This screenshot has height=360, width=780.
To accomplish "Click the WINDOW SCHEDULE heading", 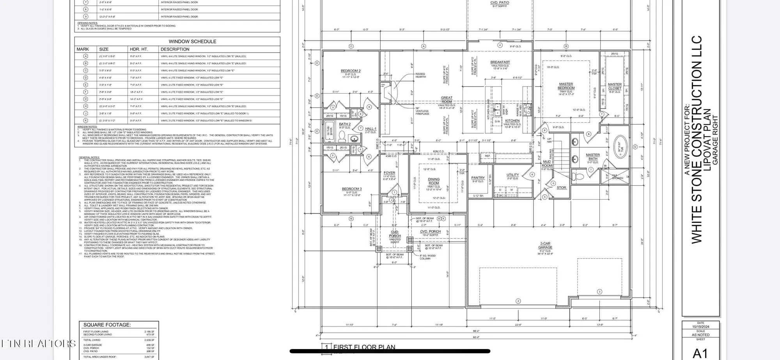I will [x=192, y=41].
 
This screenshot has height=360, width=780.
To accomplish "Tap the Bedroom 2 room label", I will [x=351, y=71].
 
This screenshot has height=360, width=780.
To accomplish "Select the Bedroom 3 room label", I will [x=351, y=189].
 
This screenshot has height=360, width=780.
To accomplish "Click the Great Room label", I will [x=447, y=100].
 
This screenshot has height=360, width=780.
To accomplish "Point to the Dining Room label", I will [x=434, y=181].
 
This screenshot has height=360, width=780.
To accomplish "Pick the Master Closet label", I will [x=615, y=86].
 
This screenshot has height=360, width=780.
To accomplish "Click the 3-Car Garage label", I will [x=545, y=245].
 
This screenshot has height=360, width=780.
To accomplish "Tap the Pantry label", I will [x=478, y=178].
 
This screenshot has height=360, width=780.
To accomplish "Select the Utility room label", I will [x=512, y=175].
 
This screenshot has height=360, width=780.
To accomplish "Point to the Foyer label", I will [x=389, y=173].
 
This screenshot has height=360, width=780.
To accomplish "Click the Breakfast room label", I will [x=500, y=62].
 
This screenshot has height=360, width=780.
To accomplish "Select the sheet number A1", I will [x=700, y=353].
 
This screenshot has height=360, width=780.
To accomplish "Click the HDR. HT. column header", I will [x=139, y=49].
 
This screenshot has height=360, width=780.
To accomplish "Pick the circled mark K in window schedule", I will [x=86, y=121].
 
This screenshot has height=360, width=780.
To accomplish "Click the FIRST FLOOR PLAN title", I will [x=364, y=347].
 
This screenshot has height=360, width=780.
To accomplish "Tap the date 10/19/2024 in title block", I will [x=700, y=327].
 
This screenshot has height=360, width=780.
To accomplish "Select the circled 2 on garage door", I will [x=518, y=301].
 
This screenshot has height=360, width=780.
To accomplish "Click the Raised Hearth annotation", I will [x=420, y=75].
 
